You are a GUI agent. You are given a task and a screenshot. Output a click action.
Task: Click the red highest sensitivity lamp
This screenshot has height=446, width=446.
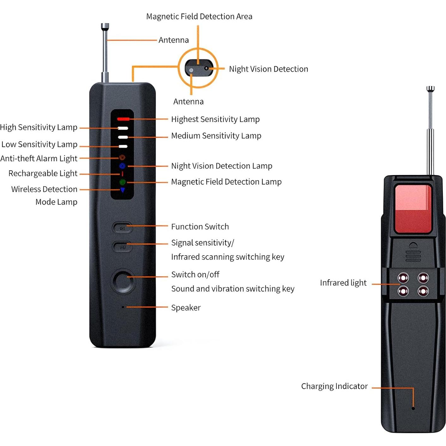pyautogui.click(x=123, y=119)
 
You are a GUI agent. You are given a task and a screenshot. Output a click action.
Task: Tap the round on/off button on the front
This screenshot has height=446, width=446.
pyautogui.click(x=123, y=281)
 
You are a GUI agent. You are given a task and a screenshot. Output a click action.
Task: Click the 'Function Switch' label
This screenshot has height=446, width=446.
pyautogui.click(x=200, y=226)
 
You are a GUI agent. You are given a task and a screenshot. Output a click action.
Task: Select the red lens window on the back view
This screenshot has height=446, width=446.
pyautogui.click(x=413, y=209)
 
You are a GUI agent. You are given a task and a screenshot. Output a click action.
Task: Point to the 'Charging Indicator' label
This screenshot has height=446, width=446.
pyautogui.click(x=334, y=386)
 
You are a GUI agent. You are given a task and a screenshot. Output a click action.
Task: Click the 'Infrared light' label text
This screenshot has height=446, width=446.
pyautogui.click(x=343, y=283)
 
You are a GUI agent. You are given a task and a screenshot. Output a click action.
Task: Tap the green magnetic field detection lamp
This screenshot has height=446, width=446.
pyautogui.click(x=123, y=182)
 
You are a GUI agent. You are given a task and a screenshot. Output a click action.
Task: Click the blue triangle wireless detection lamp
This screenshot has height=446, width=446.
pyautogui.click(x=123, y=190)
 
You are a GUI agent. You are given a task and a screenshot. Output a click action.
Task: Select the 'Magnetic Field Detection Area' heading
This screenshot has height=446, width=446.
pyautogui.click(x=199, y=16)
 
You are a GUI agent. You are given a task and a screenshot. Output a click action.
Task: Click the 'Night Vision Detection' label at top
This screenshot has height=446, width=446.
pyautogui.click(x=268, y=69)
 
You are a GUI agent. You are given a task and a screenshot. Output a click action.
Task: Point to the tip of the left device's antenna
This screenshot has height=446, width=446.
pyautogui.click(x=105, y=26)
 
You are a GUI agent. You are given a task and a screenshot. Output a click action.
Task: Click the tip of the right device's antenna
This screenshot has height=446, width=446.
pyautogui.click(x=430, y=89)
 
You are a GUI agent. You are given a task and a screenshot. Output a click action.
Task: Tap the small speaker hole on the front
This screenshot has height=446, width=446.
pyautogui.click(x=123, y=307)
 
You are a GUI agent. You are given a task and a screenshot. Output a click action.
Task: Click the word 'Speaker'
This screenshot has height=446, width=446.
pyautogui.click(x=186, y=308)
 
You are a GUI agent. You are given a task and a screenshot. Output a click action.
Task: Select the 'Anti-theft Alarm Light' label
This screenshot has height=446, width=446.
pyautogui.click(x=39, y=158)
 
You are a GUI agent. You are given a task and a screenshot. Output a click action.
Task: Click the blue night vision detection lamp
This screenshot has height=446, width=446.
pyautogui.click(x=122, y=166)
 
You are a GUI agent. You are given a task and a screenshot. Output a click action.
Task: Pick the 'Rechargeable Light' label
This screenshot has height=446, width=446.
pyautogui.click(x=43, y=173)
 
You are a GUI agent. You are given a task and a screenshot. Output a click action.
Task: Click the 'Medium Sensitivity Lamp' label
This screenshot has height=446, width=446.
pyautogui.click(x=216, y=136)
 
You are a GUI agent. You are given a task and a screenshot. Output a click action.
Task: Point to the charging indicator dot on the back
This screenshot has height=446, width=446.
pyautogui.click(x=413, y=408)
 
